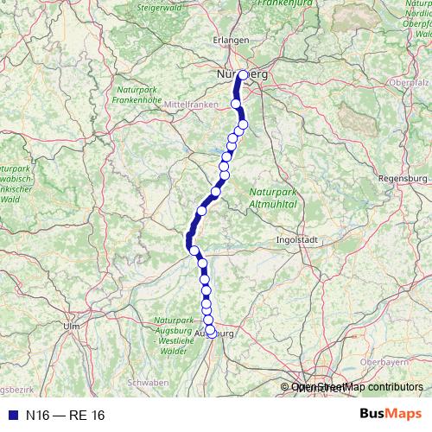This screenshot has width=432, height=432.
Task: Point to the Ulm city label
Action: click(72, 326)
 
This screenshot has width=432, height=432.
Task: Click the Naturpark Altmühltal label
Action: click(273, 198)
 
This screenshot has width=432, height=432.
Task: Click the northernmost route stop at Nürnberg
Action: click(243, 74)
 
